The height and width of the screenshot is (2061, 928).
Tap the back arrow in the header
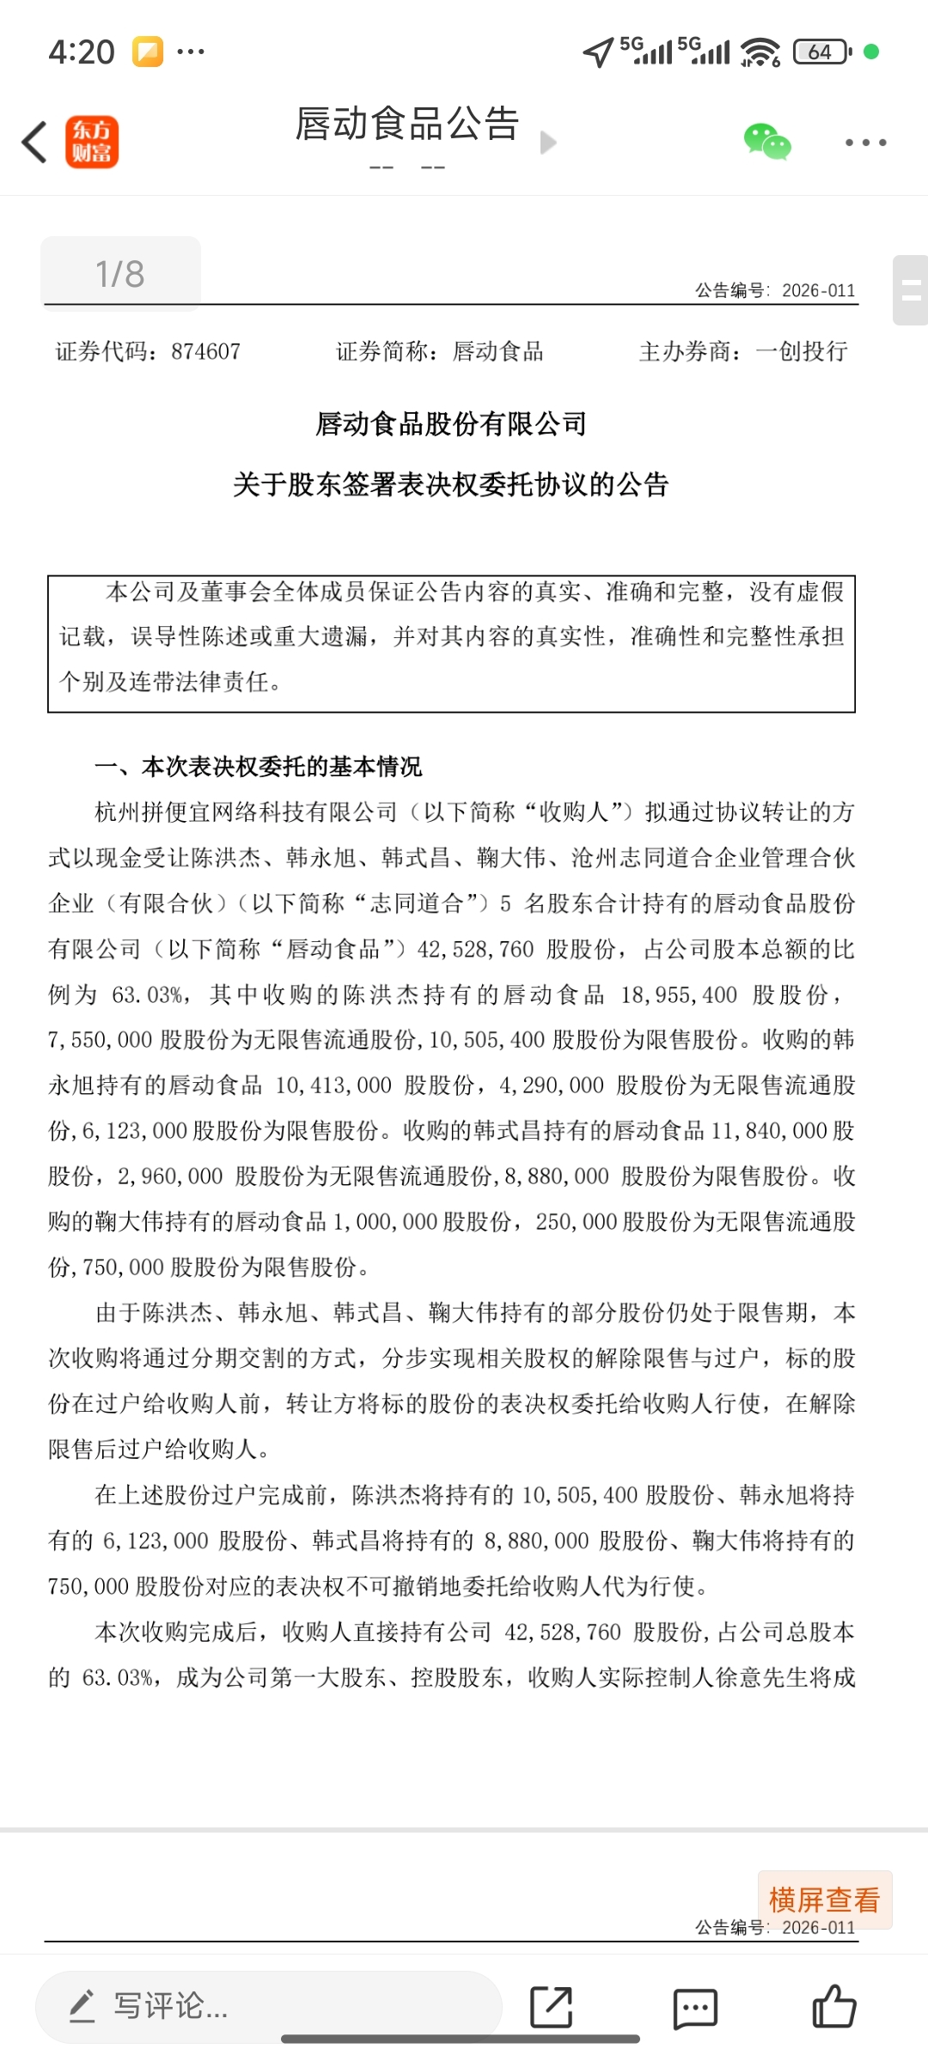pyautogui.click(x=34, y=142)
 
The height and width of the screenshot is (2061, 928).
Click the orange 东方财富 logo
pyautogui.click(x=92, y=142)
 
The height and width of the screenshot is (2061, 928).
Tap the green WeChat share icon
pyautogui.click(x=766, y=142)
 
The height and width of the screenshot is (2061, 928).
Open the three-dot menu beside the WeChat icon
pyautogui.click(x=865, y=143)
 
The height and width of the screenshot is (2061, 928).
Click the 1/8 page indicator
pyautogui.click(x=120, y=274)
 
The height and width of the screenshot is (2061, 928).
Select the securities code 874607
pyautogui.click(x=205, y=351)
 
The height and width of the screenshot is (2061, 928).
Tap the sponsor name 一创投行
pyautogui.click(x=801, y=351)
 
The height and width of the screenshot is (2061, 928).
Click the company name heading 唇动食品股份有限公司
pyautogui.click(x=451, y=423)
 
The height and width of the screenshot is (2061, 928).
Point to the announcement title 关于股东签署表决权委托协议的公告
pyautogui.click(x=451, y=484)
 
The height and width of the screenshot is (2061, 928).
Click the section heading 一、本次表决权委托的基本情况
pyautogui.click(x=259, y=766)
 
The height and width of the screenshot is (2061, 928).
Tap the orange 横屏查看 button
pyautogui.click(x=825, y=1900)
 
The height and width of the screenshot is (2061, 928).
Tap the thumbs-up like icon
pyautogui.click(x=833, y=2006)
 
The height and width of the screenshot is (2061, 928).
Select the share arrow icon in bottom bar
pyautogui.click(x=552, y=2007)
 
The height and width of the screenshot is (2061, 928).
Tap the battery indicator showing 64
pyautogui.click(x=821, y=52)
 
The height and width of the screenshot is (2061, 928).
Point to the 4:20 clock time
pyautogui.click(x=82, y=52)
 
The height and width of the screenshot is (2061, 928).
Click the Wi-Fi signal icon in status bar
pyautogui.click(x=760, y=52)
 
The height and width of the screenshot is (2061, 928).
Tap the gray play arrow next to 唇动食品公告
pyautogui.click(x=548, y=142)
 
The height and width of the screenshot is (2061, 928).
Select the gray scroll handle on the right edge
pyautogui.click(x=911, y=290)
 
